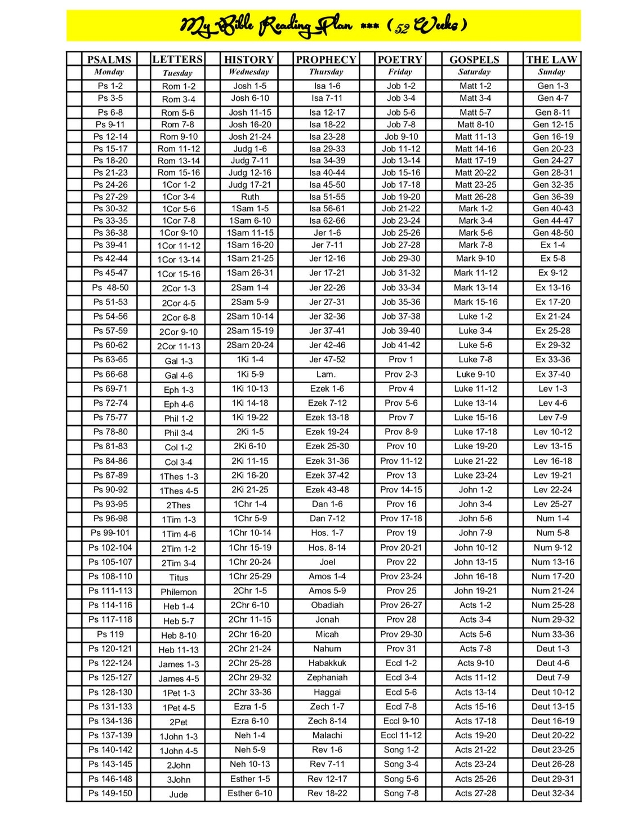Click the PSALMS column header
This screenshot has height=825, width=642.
tap(109, 59)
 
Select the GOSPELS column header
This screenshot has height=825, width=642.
tap(474, 59)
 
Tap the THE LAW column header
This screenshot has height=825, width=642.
tap(551, 59)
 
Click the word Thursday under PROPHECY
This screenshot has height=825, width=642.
tap(326, 72)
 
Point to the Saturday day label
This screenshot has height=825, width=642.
tap(474, 72)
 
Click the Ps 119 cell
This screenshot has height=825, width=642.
tap(110, 634)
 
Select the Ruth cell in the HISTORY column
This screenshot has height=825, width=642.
tap(250, 197)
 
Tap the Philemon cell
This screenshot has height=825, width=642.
tap(179, 592)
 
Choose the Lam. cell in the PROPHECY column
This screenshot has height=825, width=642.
tap(326, 374)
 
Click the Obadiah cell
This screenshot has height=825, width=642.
tap(327, 605)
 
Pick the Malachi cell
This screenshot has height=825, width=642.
tap(327, 735)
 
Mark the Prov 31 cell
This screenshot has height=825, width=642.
tap(402, 649)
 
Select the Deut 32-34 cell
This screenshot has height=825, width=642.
tap(552, 793)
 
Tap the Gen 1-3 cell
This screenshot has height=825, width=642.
tap(552, 86)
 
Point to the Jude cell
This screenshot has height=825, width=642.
tap(179, 795)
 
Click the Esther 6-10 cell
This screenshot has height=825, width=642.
tap(250, 793)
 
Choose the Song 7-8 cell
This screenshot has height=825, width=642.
tap(402, 793)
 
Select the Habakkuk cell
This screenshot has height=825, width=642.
tap(327, 663)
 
